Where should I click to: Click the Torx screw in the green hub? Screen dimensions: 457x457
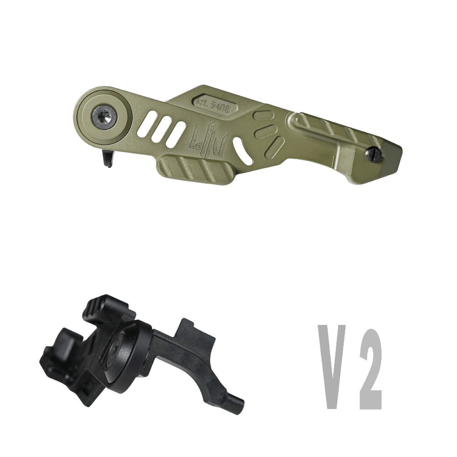[105, 118]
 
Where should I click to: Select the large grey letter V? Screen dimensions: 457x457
[332, 367]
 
